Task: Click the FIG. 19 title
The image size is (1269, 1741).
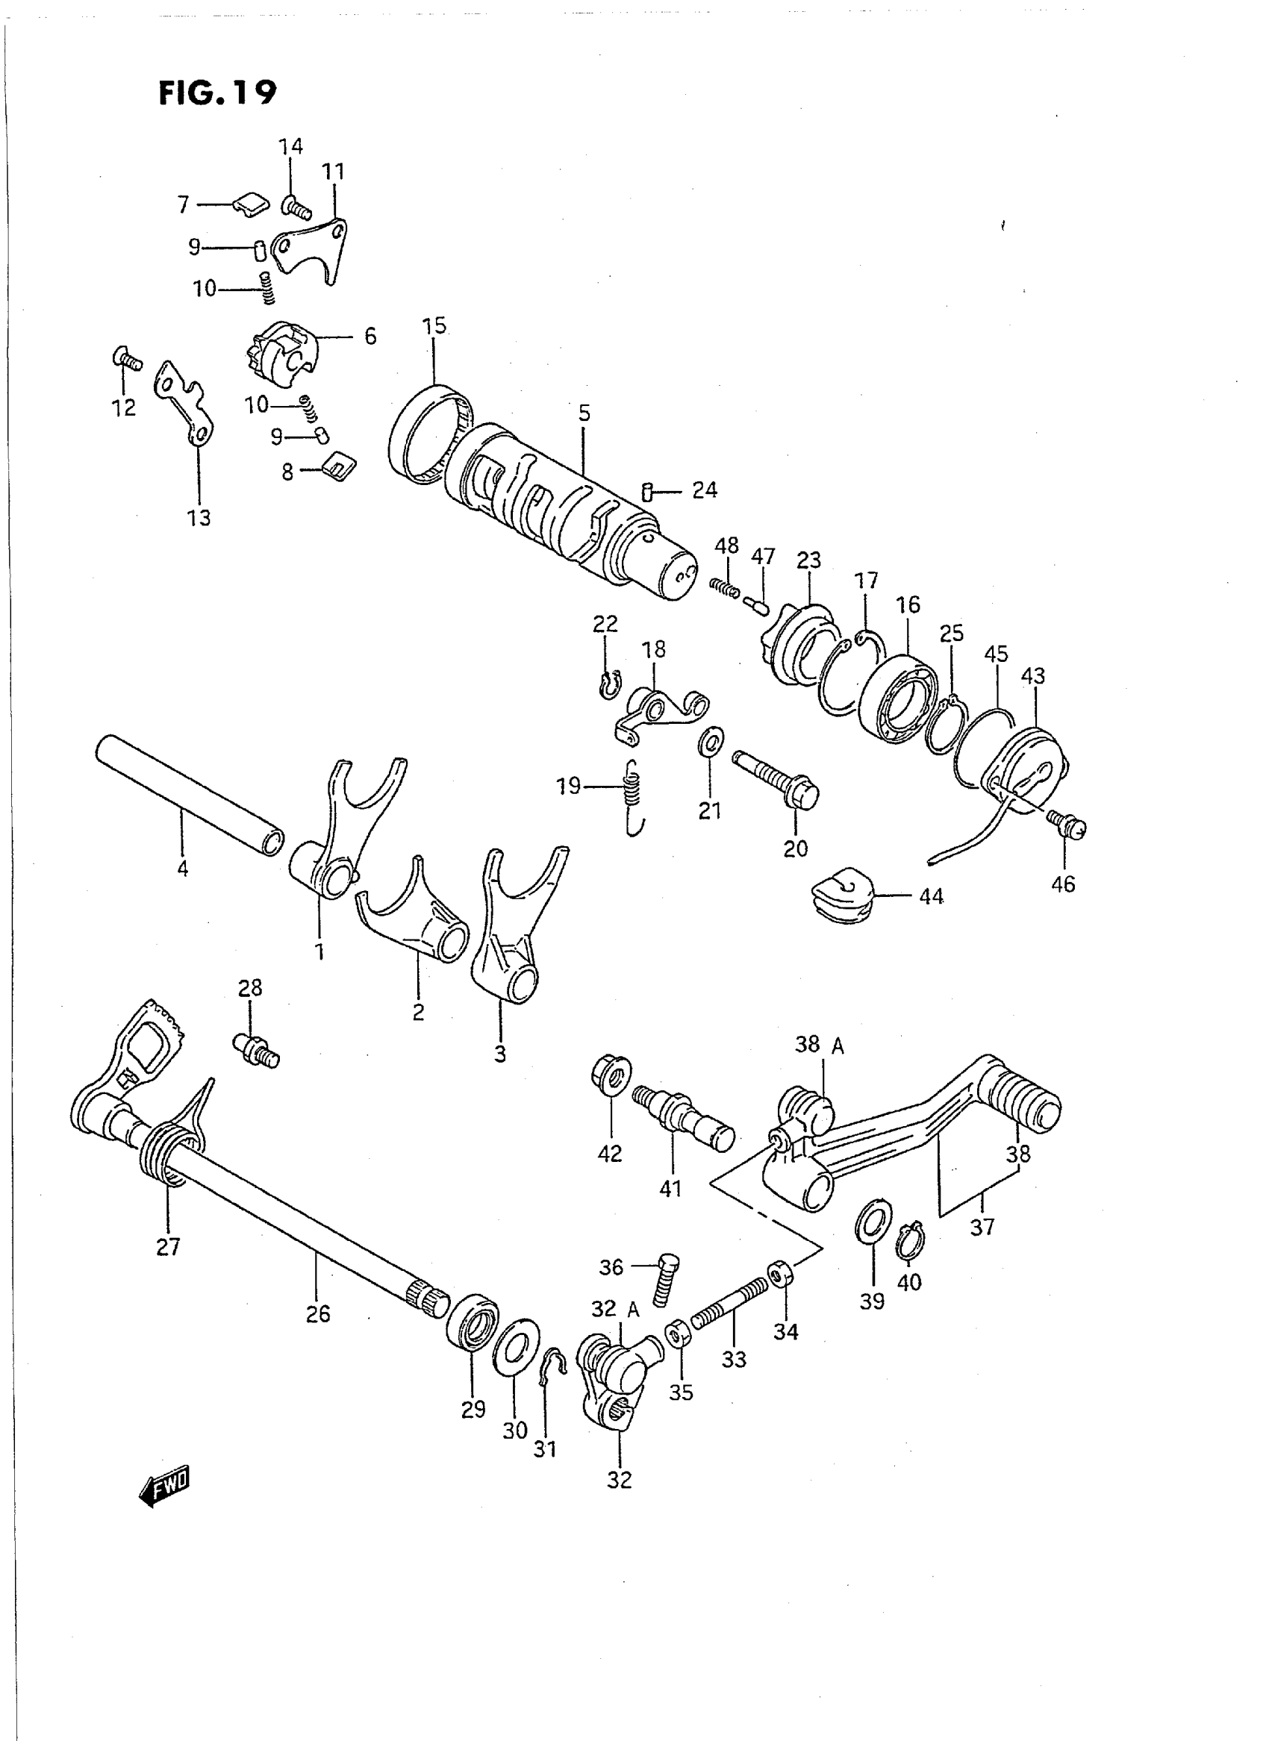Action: (x=216, y=93)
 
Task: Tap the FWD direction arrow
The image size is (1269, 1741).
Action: (x=164, y=1488)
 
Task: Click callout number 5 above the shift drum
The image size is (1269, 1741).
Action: (x=584, y=413)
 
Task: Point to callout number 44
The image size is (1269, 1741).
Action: (x=931, y=896)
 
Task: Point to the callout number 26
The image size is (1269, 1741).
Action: (x=318, y=1313)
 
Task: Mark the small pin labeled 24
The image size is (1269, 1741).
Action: (x=646, y=492)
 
